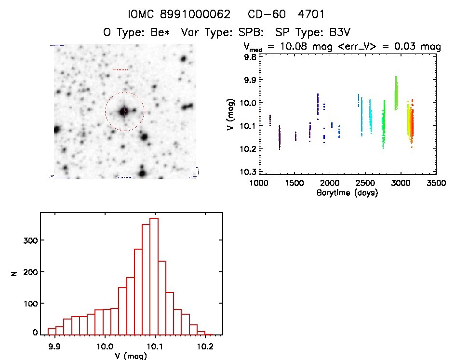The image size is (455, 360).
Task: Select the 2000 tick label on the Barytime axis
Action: pos(330,184)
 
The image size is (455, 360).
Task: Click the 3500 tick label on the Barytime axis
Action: pos(436,184)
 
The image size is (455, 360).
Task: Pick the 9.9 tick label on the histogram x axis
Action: pos(54,347)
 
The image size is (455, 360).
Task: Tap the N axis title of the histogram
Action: pos(14,273)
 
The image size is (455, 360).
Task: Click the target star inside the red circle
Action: pos(124,111)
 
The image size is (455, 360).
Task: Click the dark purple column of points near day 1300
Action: pos(280,137)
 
